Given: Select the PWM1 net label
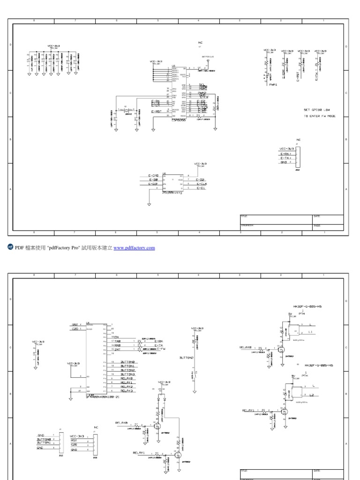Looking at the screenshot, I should (x=273, y=85).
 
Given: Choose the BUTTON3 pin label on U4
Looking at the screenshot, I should (x=127, y=375).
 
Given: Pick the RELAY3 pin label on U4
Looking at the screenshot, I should (x=127, y=390).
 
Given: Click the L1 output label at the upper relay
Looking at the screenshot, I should (x=311, y=331).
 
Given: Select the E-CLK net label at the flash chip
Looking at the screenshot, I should (x=202, y=184).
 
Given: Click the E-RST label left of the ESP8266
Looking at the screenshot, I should (x=156, y=112).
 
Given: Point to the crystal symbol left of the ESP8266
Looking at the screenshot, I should (x=126, y=111).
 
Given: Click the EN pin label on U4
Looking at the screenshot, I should (x=116, y=337).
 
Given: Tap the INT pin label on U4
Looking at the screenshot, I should (x=117, y=349).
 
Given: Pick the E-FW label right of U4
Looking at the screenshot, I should (x=160, y=349).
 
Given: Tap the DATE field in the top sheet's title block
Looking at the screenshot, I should (x=317, y=216).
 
